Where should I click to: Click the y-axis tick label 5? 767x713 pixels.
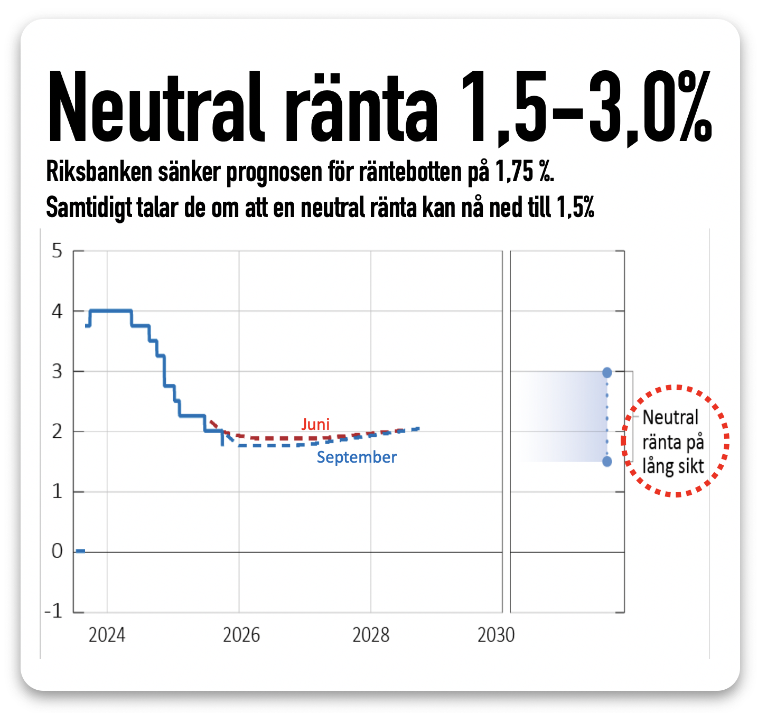click(x=57, y=251)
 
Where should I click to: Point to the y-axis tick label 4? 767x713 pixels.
click(x=57, y=311)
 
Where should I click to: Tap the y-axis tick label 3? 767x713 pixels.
click(x=57, y=371)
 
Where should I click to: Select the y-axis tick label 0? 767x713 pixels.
click(x=57, y=551)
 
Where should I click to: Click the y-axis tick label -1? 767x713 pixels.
click(x=54, y=612)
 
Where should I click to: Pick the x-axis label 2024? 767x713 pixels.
click(x=107, y=635)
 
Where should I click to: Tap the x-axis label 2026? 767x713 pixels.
click(x=241, y=635)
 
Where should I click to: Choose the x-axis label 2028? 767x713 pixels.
click(x=371, y=635)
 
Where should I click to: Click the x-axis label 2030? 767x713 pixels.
click(x=496, y=635)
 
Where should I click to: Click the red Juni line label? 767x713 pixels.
click(x=315, y=424)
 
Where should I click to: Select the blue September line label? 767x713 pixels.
click(x=357, y=457)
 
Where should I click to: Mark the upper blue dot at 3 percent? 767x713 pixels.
click(x=607, y=372)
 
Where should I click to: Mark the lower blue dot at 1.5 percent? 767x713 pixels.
click(x=607, y=462)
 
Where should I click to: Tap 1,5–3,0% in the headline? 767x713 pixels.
click(x=586, y=108)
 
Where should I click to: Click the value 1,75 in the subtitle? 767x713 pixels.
click(x=515, y=172)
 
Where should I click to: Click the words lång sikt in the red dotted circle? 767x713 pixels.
click(x=673, y=467)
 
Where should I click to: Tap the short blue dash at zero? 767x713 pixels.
click(x=80, y=551)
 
